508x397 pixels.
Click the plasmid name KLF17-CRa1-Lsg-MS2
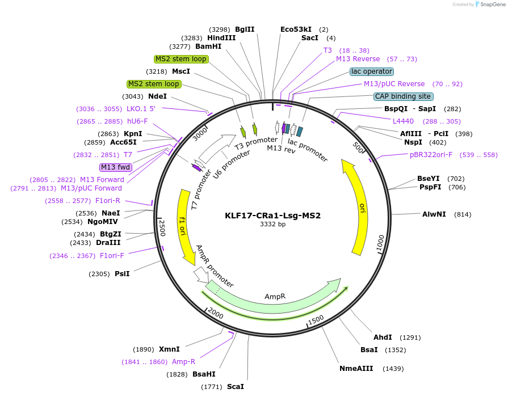[x=272, y=216]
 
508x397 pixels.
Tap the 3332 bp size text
[x=272, y=225]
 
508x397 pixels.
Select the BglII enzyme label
[x=245, y=29]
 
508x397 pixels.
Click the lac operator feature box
[x=371, y=71]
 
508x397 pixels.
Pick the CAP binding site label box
[x=403, y=96]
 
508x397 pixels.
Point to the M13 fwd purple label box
[x=116, y=167]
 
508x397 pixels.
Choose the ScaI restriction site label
[x=236, y=387]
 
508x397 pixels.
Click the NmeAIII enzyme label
[x=356, y=369]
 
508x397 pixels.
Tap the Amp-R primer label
[x=183, y=362]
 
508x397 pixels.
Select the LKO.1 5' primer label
[x=141, y=109]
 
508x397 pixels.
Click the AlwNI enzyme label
[x=434, y=214]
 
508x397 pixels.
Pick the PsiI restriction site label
[x=122, y=274]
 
